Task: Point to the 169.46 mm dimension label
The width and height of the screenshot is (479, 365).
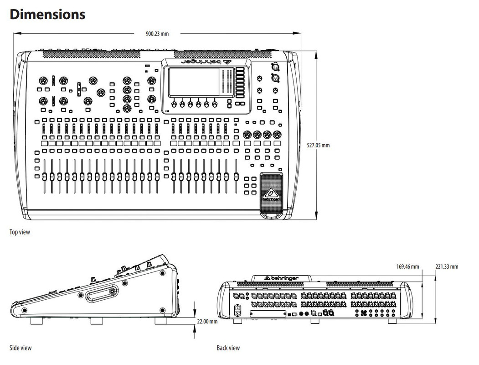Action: [x=407, y=267]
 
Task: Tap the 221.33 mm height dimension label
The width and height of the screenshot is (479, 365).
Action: [x=447, y=267]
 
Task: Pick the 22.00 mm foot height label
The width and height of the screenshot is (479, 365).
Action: [x=207, y=321]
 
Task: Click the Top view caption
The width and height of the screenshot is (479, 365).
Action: [x=20, y=232]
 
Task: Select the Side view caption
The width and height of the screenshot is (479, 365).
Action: [x=21, y=348]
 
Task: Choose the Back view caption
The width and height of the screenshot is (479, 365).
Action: [x=228, y=348]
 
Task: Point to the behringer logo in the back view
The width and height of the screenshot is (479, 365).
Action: [x=281, y=277]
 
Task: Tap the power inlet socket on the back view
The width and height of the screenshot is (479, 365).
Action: [x=237, y=310]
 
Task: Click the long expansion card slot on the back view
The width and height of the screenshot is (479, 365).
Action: [x=268, y=314]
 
